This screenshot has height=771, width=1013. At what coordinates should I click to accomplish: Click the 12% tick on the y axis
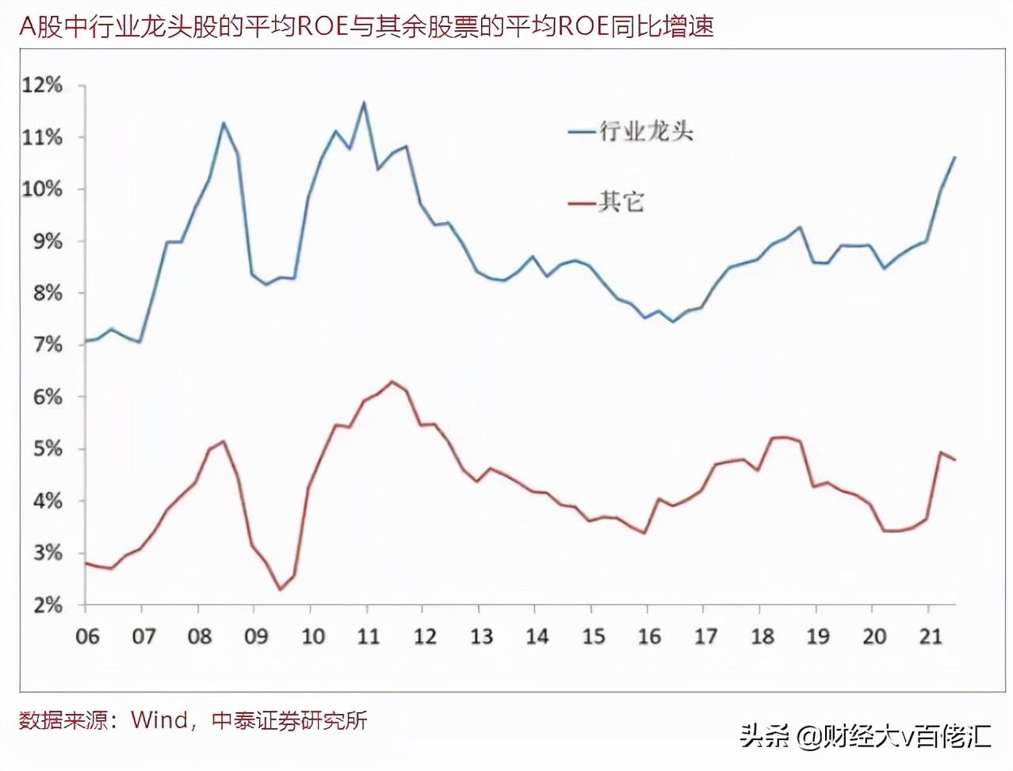pyautogui.click(x=41, y=86)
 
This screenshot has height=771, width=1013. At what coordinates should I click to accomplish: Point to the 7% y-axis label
pyautogui.click(x=46, y=345)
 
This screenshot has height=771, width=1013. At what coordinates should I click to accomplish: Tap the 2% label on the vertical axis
pyautogui.click(x=46, y=605)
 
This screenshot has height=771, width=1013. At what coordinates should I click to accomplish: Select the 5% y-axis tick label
pyautogui.click(x=46, y=449)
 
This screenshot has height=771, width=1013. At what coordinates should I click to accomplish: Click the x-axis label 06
pyautogui.click(x=87, y=636)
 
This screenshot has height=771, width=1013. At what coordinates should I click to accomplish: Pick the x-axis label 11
pyautogui.click(x=369, y=636)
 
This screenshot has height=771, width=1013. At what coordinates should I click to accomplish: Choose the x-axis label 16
pyautogui.click(x=649, y=636)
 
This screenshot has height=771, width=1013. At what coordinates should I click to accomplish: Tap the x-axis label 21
pyautogui.click(x=931, y=636)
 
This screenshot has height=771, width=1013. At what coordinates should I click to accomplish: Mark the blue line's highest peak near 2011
pyautogui.click(x=364, y=102)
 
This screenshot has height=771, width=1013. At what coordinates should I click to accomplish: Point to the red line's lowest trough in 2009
pyautogui.click(x=280, y=589)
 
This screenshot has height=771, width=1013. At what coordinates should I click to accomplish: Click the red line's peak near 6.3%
pyautogui.click(x=392, y=382)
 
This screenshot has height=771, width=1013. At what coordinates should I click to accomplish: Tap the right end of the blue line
pyautogui.click(x=955, y=157)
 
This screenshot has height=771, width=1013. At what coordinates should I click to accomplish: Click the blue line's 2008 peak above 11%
pyautogui.click(x=224, y=123)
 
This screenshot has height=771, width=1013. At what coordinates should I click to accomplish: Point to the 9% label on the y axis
pyautogui.click(x=46, y=241)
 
